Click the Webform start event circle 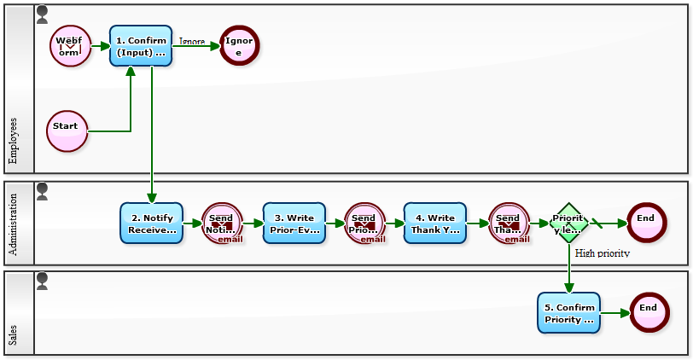pyautogui.click(x=70, y=46)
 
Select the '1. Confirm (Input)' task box pyautogui.click(x=141, y=46)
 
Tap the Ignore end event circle pyautogui.click(x=239, y=46)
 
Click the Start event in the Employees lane pyautogui.click(x=67, y=131)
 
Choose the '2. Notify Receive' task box pyautogui.click(x=152, y=224)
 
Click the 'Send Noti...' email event pyautogui.click(x=222, y=224)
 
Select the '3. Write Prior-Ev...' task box pyautogui.click(x=294, y=224)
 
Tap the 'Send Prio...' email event pyautogui.click(x=364, y=224)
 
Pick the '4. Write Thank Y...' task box pyautogui.click(x=435, y=224)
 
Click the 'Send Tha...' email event pyautogui.click(x=509, y=224)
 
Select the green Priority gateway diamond pyautogui.click(x=569, y=224)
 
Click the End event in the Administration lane pyautogui.click(x=646, y=224)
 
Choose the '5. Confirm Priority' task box pyautogui.click(x=568, y=313)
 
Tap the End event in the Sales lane pyautogui.click(x=649, y=313)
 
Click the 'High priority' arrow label pyautogui.click(x=603, y=253)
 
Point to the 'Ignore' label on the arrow pyautogui.click(x=192, y=41)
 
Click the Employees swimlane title pyautogui.click(x=14, y=140)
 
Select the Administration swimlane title pyautogui.click(x=14, y=224)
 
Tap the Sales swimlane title pyautogui.click(x=14, y=334)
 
